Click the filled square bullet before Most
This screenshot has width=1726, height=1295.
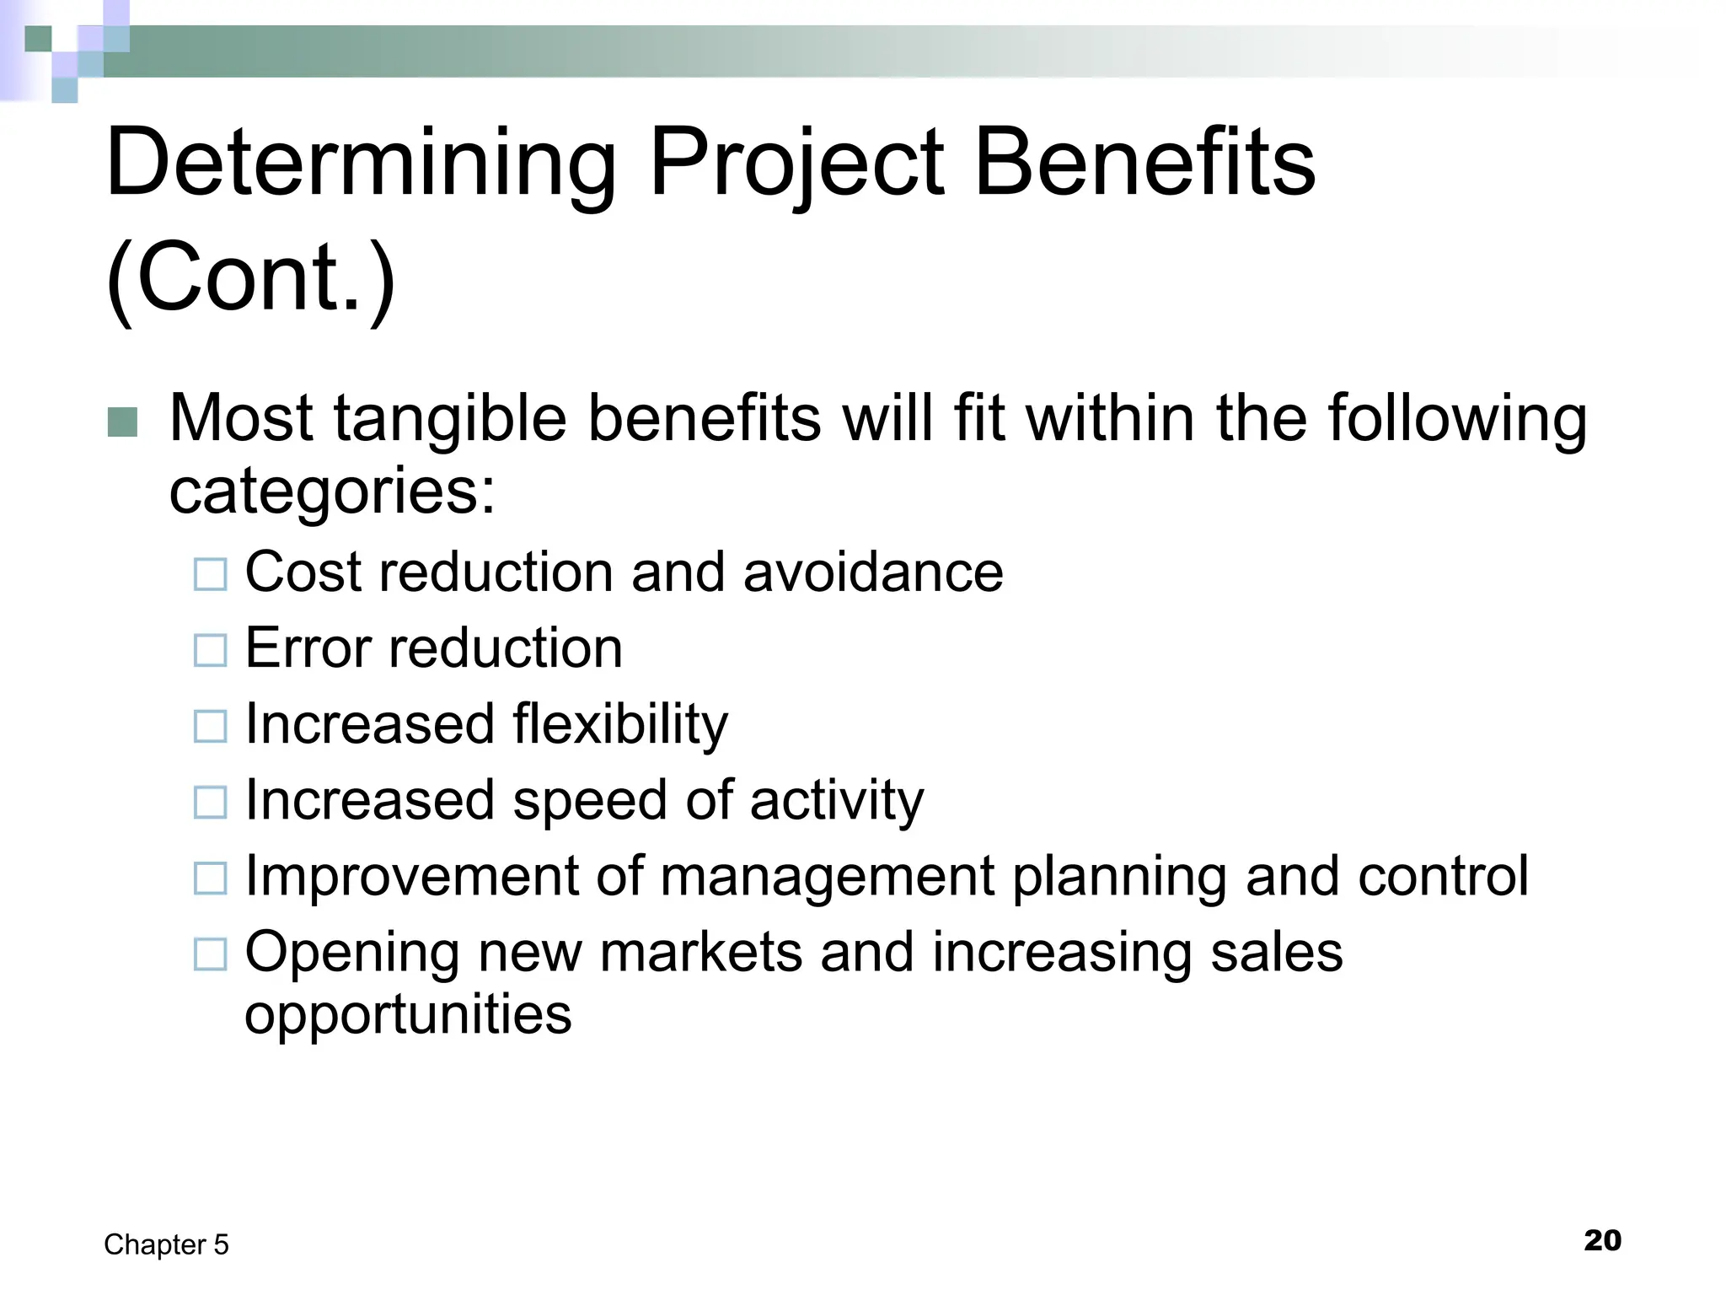pos(123,422)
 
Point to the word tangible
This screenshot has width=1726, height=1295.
pos(450,419)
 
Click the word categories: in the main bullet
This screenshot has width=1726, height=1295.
pos(332,491)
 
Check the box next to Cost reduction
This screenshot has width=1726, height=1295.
pos(211,575)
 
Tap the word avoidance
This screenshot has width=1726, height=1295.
pos(873,572)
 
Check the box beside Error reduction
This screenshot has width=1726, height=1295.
pos(211,651)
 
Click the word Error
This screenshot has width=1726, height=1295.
pos(308,648)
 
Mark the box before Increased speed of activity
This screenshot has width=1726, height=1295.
pos(211,803)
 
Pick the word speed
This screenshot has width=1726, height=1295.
pos(589,801)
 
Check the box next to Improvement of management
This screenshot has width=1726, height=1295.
pos(211,879)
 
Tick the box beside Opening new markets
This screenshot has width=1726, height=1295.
pos(211,954)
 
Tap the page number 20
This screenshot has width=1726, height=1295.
pos(1602,1241)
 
